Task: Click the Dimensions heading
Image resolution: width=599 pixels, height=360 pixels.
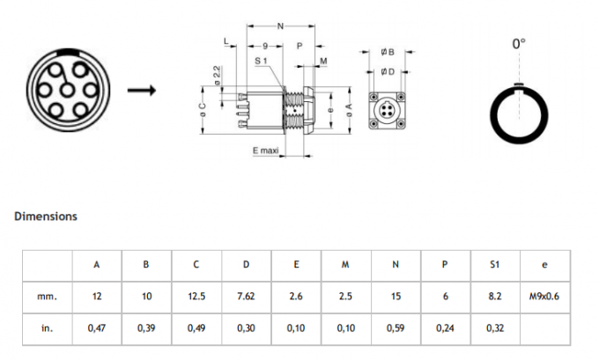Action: pos(46,216)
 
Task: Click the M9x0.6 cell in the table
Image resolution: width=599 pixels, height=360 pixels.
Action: pos(544,297)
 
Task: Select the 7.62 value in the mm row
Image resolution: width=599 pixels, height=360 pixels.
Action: pos(246,297)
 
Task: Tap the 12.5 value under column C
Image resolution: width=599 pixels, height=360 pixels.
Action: pos(196,297)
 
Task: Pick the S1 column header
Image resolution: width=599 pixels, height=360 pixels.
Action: pos(495,264)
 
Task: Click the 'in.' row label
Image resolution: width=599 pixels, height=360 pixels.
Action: pos(47,328)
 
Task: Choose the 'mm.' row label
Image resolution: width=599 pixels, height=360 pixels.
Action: pos(47,297)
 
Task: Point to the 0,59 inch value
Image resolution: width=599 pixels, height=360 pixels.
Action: pos(396,328)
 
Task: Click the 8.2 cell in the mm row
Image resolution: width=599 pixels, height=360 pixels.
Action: pos(495,297)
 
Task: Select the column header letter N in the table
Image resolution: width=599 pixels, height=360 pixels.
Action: pos(396,264)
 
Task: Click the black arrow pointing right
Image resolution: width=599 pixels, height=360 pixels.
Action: pos(142,91)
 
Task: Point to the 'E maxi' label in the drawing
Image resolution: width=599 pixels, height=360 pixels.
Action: pos(265,151)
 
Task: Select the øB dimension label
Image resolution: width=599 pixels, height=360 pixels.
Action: pos(388,53)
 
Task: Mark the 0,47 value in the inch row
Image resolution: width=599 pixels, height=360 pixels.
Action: pos(96,328)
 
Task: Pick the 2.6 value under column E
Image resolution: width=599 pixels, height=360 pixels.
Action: pos(296,297)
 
